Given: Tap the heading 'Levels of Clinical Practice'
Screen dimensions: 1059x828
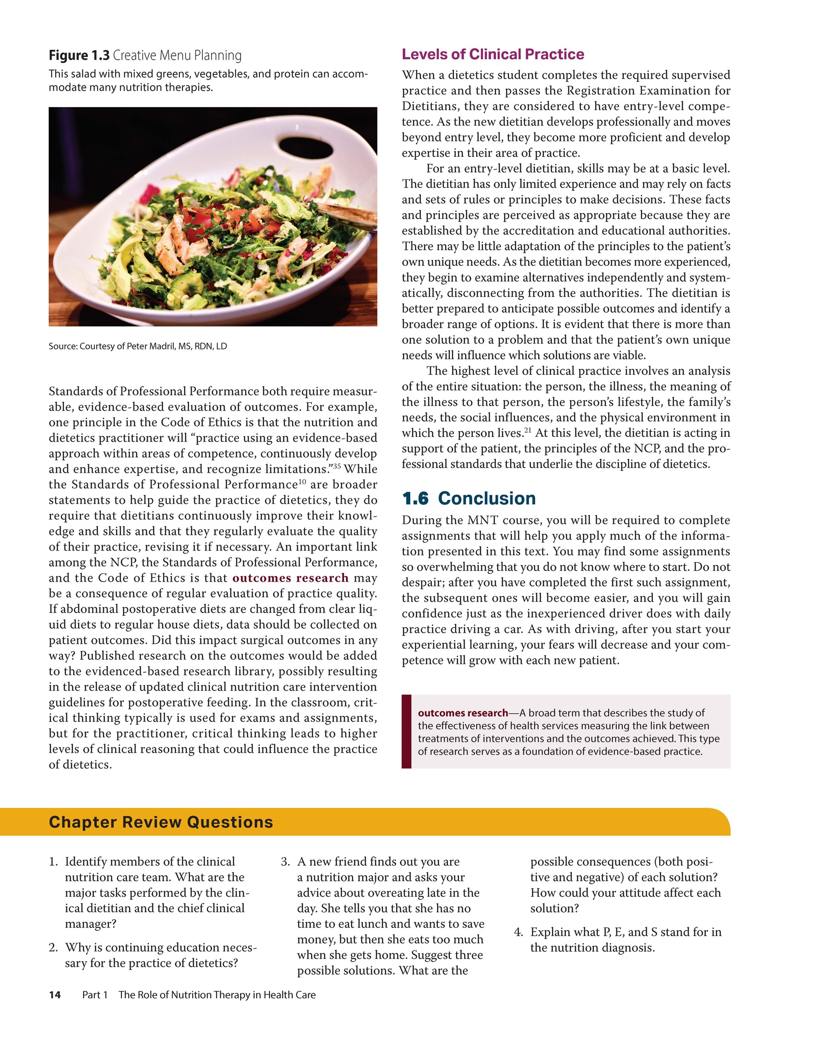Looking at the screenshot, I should [x=493, y=54].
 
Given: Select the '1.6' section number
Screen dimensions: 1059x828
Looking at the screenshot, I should [x=415, y=498].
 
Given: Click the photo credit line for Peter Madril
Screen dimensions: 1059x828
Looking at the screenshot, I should [x=138, y=346].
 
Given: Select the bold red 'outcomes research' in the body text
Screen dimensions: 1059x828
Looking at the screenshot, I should [x=291, y=578].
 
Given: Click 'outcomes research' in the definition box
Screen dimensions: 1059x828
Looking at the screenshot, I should [x=463, y=713].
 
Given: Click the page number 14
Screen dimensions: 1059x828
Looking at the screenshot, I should [x=55, y=995].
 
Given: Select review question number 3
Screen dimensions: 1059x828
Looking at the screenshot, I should [x=286, y=862].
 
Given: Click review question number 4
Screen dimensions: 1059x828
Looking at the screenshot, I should [x=518, y=932].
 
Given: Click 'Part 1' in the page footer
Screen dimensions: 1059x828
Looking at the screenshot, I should [x=95, y=995].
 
